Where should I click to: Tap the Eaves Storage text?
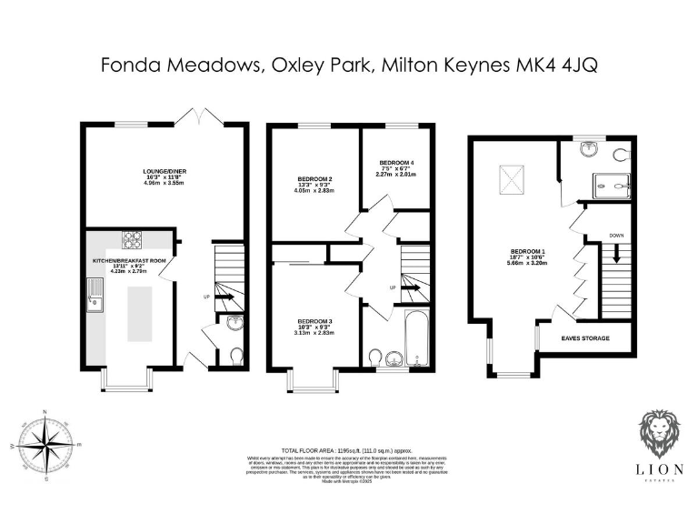[x=585, y=338]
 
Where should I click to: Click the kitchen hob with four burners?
[x=134, y=239]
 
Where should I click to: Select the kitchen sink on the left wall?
[x=95, y=295]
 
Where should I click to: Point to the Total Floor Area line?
[x=349, y=450]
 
